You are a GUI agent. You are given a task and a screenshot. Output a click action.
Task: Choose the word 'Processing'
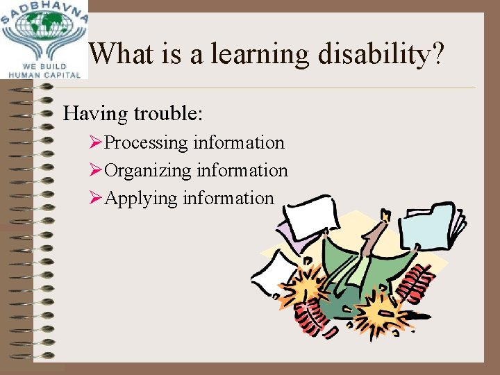coord(147,143)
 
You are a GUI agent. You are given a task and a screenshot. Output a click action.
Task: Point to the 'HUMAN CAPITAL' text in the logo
coord(44,75)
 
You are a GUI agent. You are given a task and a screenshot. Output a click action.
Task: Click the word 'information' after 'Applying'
coord(228,199)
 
